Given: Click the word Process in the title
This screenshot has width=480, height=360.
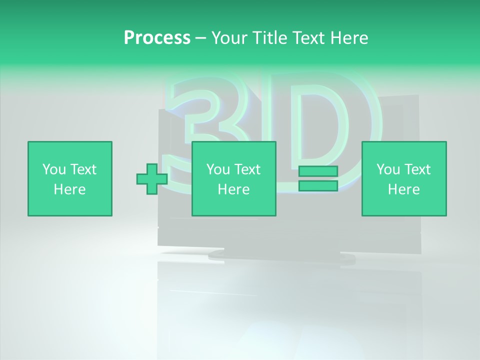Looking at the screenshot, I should pyautogui.click(x=157, y=38).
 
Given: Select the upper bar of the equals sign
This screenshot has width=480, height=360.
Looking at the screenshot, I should pyautogui.click(x=318, y=171).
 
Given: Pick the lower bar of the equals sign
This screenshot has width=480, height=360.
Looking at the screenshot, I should pyautogui.click(x=318, y=186).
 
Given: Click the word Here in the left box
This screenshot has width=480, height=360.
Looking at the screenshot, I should pyautogui.click(x=69, y=189).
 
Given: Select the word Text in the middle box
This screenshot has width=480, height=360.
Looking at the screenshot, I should pyautogui.click(x=246, y=169).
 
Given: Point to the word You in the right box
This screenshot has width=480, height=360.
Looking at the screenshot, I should pyautogui.click(x=388, y=169).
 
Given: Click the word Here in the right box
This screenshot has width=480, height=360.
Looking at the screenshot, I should pyautogui.click(x=403, y=189).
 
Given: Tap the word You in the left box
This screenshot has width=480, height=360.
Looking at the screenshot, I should pyautogui.click(x=54, y=169).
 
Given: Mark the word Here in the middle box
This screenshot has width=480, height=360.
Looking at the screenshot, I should pyautogui.click(x=233, y=189).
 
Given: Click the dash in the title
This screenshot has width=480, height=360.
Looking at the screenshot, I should pyautogui.click(x=201, y=38).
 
